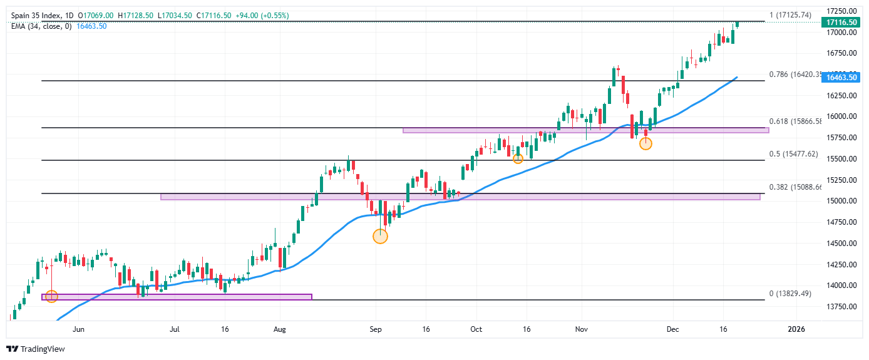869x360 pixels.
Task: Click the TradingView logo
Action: tap(36, 349)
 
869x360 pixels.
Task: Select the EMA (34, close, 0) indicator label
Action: tap(41, 26)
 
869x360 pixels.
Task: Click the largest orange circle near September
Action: tap(380, 236)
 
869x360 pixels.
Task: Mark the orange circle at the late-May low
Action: tap(52, 296)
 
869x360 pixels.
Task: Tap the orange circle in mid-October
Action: tap(518, 158)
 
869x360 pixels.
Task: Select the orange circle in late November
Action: tap(645, 143)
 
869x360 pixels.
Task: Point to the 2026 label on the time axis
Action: tap(796, 329)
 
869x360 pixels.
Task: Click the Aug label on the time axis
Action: tap(280, 329)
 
